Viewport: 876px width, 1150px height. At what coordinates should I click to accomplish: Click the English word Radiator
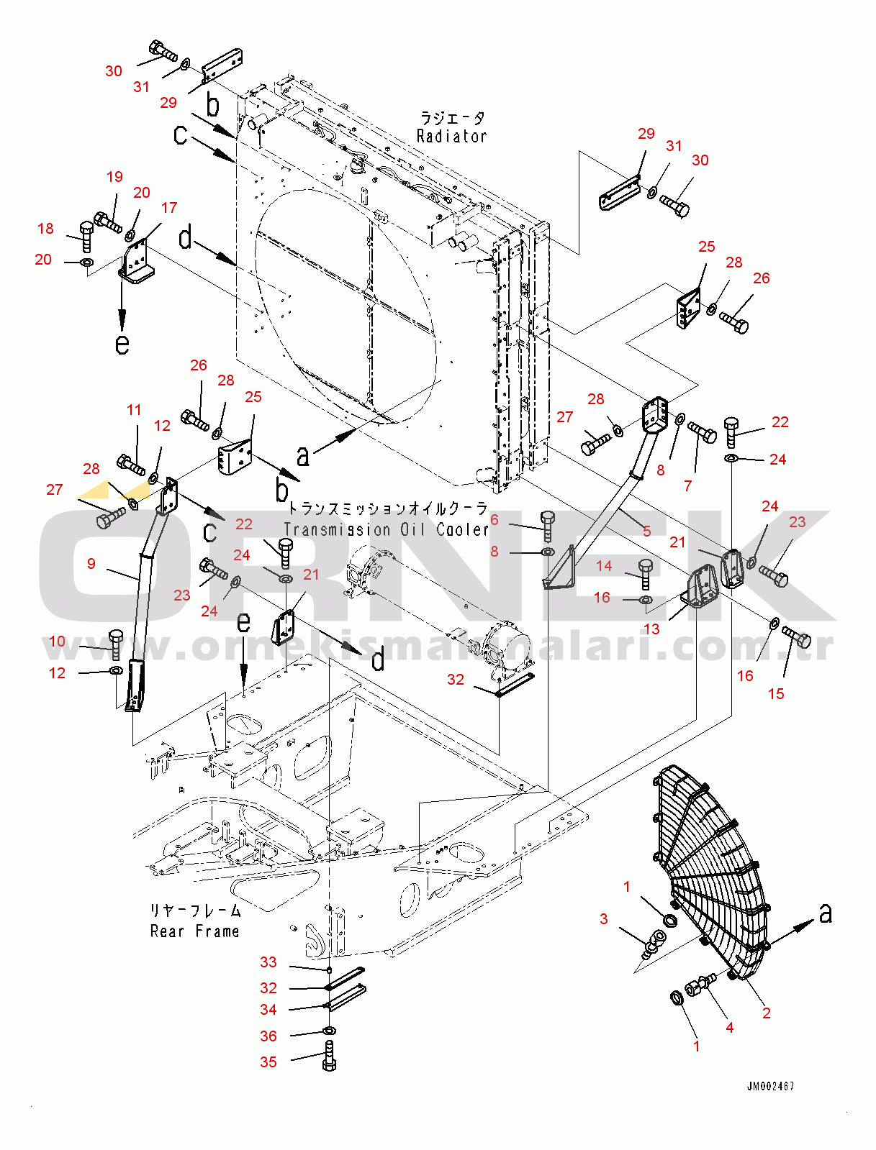[x=451, y=136]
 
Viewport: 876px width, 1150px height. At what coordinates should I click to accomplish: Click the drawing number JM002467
[x=770, y=1086]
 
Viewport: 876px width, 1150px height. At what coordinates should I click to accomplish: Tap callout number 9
[x=91, y=564]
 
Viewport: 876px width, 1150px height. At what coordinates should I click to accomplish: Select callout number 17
[x=169, y=208]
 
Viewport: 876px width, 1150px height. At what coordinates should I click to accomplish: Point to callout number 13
[x=651, y=629]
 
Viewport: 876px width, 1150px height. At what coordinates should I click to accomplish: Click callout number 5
[x=646, y=531]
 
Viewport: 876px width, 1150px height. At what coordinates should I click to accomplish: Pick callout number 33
[x=268, y=962]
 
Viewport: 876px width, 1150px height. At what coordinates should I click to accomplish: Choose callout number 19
[x=114, y=177]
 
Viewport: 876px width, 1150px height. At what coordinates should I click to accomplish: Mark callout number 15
[x=776, y=694]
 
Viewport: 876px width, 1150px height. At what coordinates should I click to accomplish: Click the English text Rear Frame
[x=194, y=931]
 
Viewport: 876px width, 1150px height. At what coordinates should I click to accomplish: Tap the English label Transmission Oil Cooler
[x=387, y=530]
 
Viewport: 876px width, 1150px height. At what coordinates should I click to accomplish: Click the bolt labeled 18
[x=86, y=235]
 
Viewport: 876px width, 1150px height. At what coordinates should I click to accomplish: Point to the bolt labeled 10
[x=116, y=644]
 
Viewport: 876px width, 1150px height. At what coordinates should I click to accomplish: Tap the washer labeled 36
[x=330, y=1032]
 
